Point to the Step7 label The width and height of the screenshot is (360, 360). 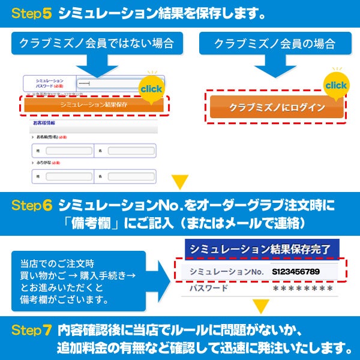pos(32,331)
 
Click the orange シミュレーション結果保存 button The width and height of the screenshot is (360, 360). pos(94,104)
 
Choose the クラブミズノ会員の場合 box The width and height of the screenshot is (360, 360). pos(274,44)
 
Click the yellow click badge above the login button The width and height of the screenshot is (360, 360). pos(335,85)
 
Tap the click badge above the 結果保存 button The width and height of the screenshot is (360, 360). pos(151,89)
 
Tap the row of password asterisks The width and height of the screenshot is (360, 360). pos(302,289)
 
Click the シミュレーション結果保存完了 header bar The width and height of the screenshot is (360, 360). pos(262,248)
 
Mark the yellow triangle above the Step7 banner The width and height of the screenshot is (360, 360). pos(260,308)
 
